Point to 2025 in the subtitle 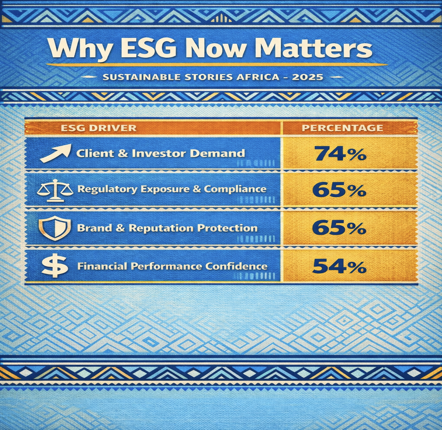click(308, 77)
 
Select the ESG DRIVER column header click(99, 128)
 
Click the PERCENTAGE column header click(343, 128)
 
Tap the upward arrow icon click(55, 153)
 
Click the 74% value click(340, 154)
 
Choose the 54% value click(339, 267)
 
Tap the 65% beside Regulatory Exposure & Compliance click(339, 190)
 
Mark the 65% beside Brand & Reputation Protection click(339, 228)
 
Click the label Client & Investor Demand click(161, 153)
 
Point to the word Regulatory click(107, 189)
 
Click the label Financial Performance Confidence click(172, 266)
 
